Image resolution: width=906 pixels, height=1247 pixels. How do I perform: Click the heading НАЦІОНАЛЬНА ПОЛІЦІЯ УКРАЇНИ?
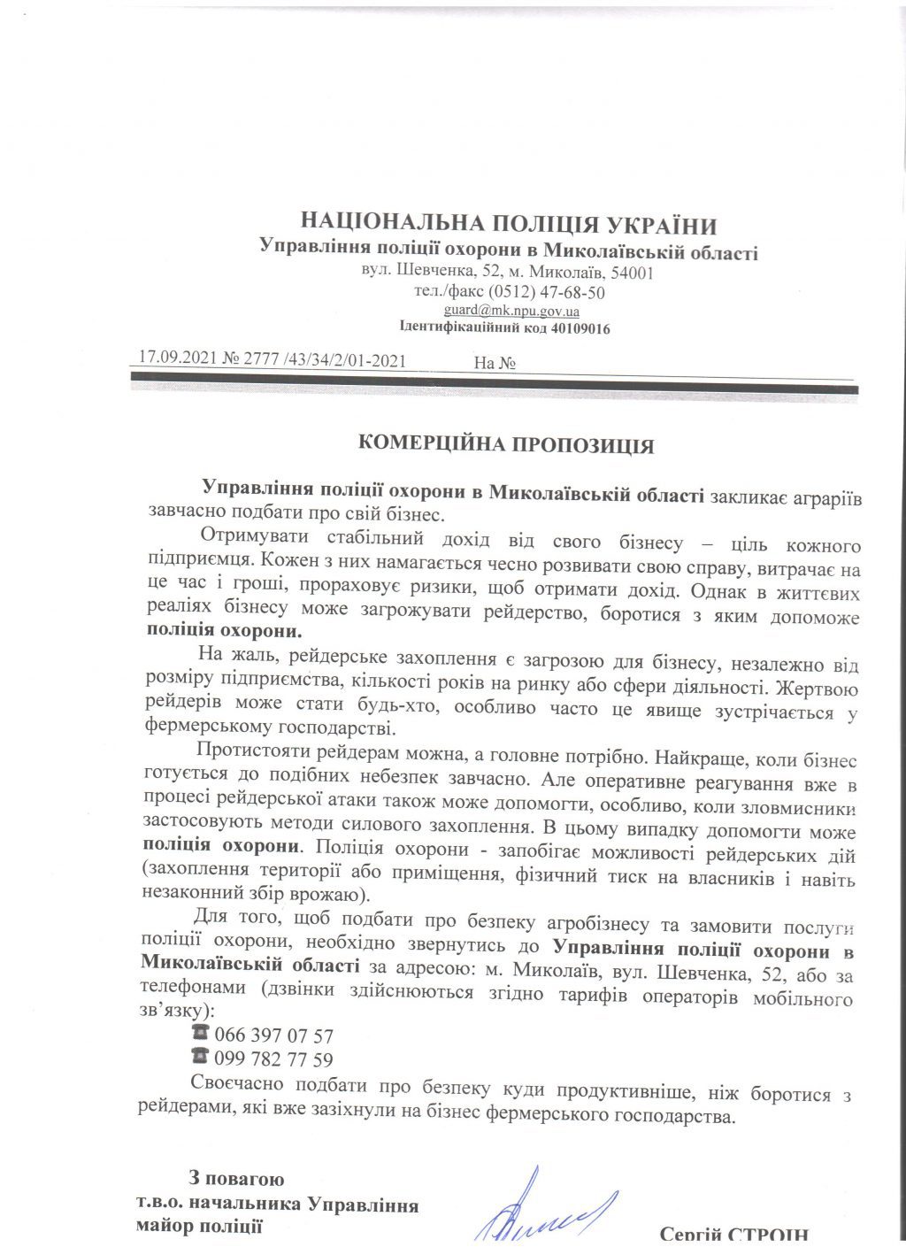[x=509, y=224]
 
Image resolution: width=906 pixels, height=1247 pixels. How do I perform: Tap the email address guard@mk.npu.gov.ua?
[x=511, y=311]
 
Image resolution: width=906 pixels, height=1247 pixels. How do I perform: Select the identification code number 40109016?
[x=580, y=328]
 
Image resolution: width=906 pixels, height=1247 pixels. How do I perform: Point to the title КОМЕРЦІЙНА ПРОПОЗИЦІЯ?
[x=506, y=444]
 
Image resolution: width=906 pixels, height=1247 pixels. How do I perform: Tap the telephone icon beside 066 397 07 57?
[x=199, y=1034]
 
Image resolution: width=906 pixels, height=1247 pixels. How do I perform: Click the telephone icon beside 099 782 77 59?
[x=199, y=1057]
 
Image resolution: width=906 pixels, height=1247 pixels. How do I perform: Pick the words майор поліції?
[x=199, y=1227]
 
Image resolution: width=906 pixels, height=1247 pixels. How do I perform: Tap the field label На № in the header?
[x=495, y=363]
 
